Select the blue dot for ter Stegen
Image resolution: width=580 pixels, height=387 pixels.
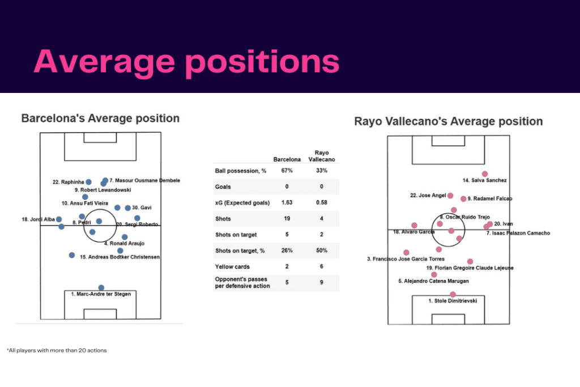(101, 288)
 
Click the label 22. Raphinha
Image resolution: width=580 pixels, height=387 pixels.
(68, 182)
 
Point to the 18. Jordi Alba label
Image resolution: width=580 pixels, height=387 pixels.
(36, 219)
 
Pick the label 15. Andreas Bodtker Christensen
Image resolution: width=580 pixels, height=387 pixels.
(120, 257)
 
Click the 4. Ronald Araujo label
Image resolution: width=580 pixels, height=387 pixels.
(124, 244)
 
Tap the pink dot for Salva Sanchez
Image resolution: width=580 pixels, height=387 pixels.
(484, 174)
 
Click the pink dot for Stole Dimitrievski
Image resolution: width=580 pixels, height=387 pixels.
(453, 294)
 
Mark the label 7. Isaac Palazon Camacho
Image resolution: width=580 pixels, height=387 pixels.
(518, 233)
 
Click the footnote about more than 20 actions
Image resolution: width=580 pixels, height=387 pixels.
(57, 350)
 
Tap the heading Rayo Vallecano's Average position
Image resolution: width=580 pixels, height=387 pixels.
(448, 122)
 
